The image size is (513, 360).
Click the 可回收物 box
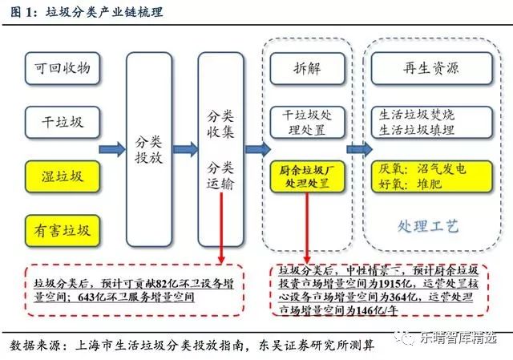(x=63, y=71)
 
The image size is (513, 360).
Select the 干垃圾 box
(x=63, y=123)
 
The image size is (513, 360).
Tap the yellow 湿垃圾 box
(x=63, y=176)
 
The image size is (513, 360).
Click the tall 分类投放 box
(x=149, y=149)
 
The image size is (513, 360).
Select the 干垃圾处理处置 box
(x=306, y=122)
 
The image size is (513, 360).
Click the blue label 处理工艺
(x=427, y=227)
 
